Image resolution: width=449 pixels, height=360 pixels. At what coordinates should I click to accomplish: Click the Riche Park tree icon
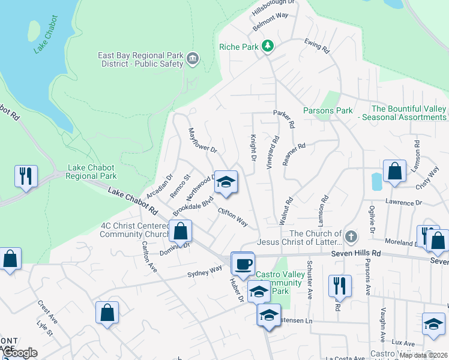(x=268, y=46)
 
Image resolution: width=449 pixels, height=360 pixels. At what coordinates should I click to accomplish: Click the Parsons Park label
(x=328, y=110)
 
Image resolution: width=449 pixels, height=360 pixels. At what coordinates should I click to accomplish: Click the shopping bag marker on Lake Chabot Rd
(x=180, y=231)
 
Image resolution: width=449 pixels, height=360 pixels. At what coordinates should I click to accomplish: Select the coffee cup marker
(x=243, y=264)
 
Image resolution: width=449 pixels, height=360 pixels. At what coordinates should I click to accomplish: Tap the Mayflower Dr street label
(x=202, y=139)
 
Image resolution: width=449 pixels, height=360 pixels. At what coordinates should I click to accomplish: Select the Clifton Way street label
(x=233, y=217)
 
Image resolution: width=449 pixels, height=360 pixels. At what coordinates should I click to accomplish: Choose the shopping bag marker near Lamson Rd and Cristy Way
(x=394, y=171)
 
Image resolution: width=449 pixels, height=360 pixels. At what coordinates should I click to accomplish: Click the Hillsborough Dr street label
(x=274, y=8)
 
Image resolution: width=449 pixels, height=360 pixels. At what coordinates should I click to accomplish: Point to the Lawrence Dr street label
(x=402, y=202)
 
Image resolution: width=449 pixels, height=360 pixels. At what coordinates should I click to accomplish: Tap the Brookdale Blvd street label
(x=193, y=206)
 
